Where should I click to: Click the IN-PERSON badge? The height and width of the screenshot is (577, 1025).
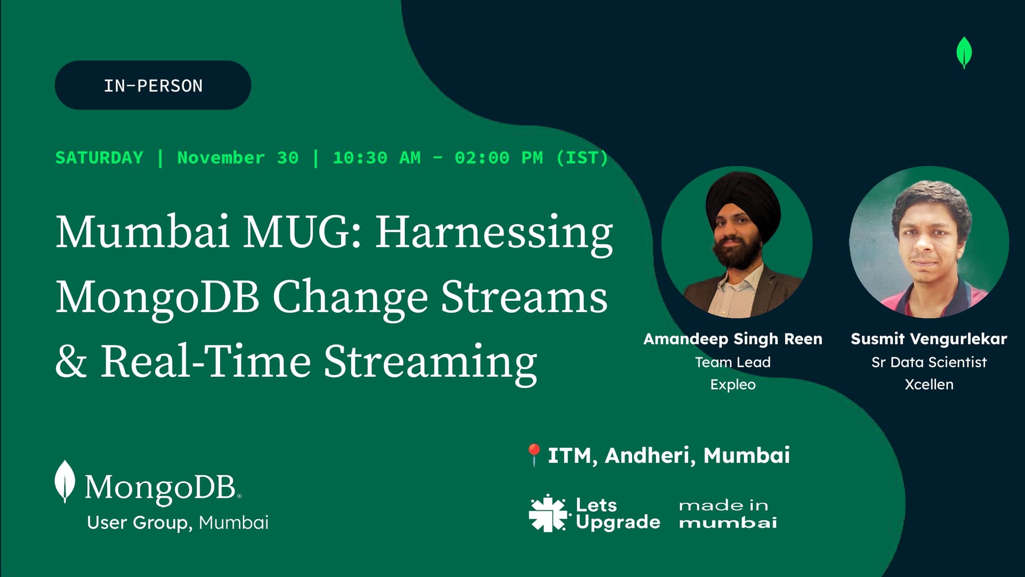(153, 85)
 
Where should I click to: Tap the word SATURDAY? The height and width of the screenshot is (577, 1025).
(99, 158)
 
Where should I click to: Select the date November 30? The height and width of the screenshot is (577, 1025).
(238, 158)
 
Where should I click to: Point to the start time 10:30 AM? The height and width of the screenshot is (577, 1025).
(377, 158)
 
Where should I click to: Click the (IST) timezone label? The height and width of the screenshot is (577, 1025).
(582, 158)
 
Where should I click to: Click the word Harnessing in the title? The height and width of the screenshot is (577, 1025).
(494, 233)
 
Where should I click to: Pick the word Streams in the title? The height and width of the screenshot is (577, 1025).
(524, 297)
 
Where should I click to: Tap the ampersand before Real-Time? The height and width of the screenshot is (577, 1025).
(71, 362)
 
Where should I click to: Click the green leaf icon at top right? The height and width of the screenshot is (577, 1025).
(964, 52)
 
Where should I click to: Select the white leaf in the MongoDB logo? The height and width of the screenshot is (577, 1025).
(65, 481)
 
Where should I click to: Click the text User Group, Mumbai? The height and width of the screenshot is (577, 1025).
(178, 523)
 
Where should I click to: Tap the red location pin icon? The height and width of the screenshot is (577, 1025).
(534, 455)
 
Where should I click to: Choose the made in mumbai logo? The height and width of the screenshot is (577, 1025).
(728, 513)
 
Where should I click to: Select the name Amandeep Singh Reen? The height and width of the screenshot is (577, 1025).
(733, 339)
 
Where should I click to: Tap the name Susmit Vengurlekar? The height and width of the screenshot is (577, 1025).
(929, 339)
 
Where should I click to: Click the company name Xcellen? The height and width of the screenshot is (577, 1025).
(929, 385)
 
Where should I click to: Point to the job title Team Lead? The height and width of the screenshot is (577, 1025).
(733, 362)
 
